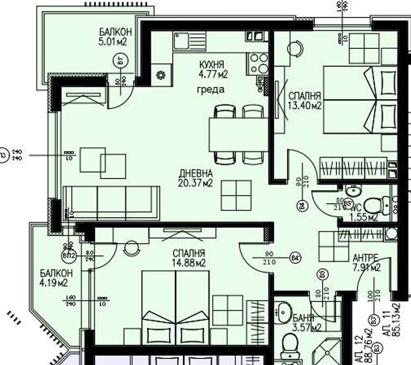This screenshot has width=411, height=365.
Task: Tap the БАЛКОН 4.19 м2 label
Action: [x=54, y=278]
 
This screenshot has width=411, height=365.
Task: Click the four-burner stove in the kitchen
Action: [x=258, y=63]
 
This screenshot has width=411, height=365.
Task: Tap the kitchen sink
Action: [x=184, y=41]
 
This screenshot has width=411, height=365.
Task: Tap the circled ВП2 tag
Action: [x=68, y=256]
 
